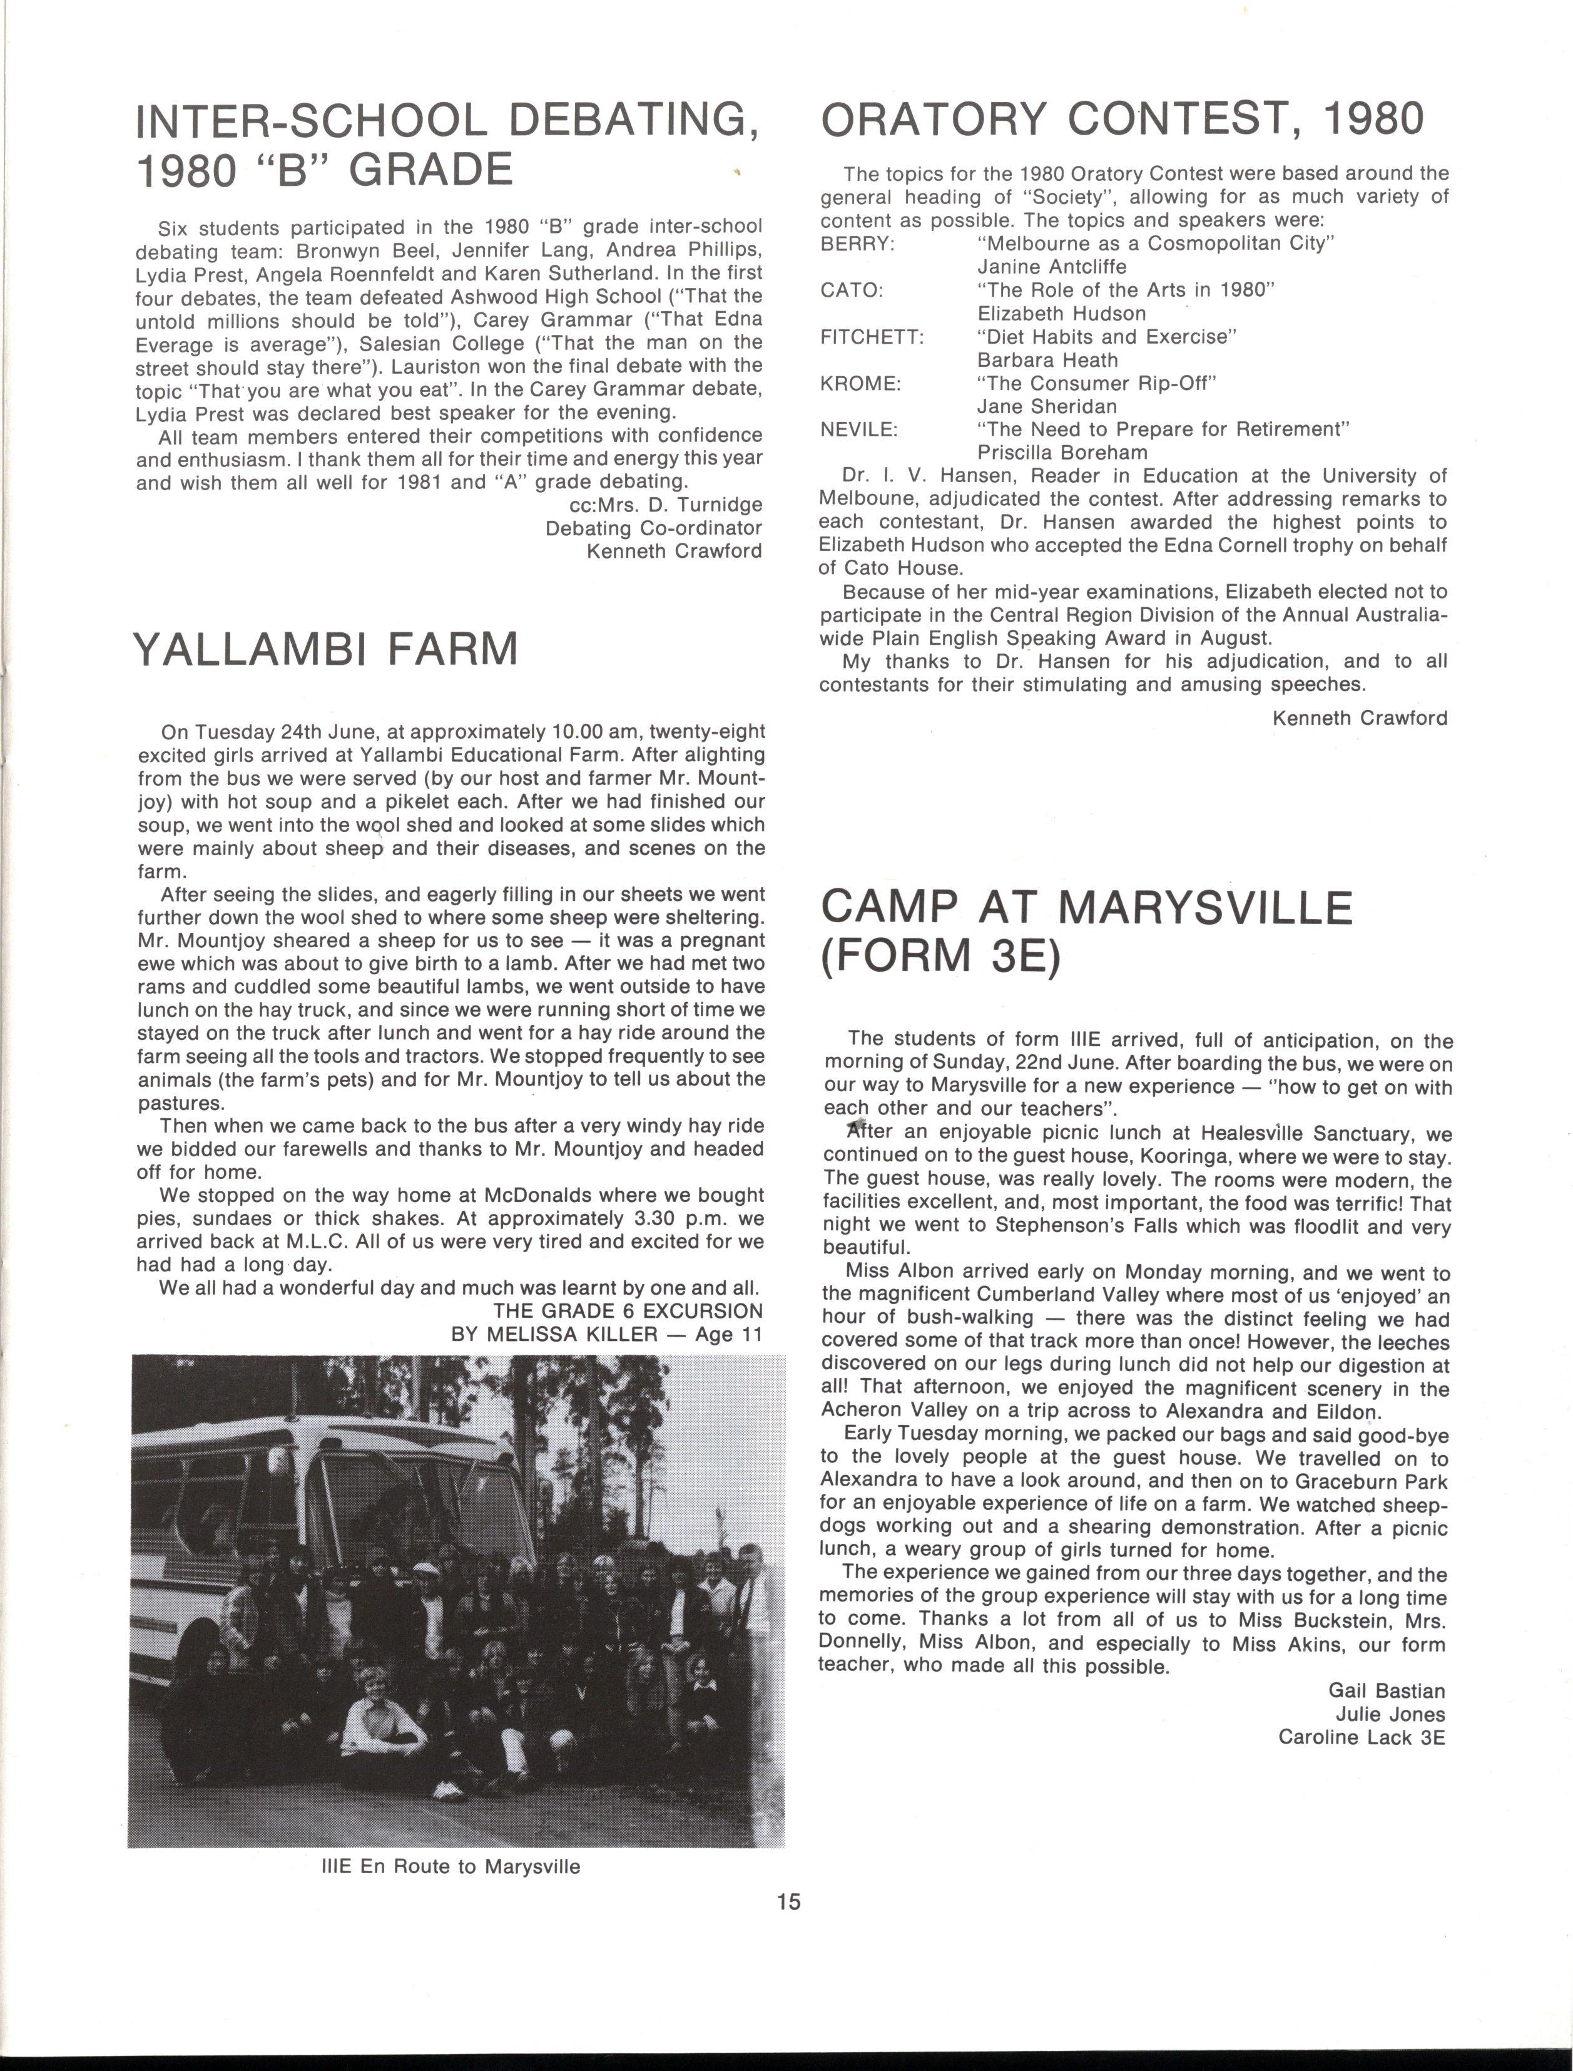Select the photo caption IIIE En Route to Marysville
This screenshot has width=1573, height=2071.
(451, 1866)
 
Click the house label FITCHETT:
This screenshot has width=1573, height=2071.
(872, 337)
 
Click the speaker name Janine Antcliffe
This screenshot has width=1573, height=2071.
(1051, 267)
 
